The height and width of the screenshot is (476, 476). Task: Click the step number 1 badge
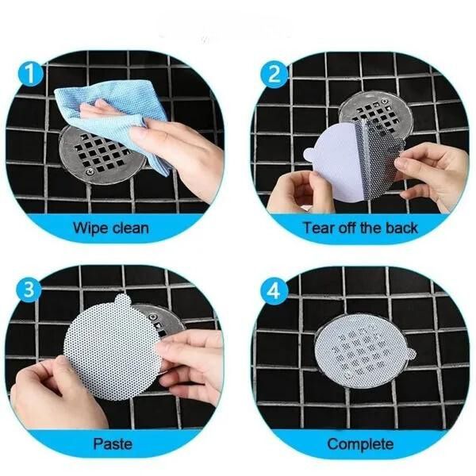(30, 74)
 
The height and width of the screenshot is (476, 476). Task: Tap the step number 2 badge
(274, 74)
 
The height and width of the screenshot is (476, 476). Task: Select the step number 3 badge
(29, 290)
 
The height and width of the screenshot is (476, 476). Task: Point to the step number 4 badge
(274, 290)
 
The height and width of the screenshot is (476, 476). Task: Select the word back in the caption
(401, 228)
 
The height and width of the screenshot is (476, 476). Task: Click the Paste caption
(113, 443)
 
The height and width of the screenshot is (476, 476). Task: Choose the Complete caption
(360, 444)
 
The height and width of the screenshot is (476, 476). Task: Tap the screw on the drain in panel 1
(90, 172)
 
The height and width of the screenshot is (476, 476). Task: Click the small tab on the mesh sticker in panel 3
(123, 301)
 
